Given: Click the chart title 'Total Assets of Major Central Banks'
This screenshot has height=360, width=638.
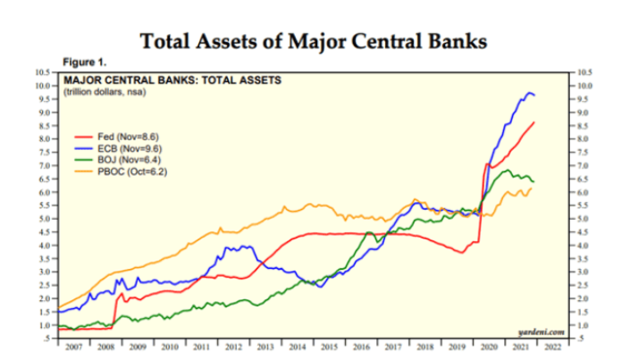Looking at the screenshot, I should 319,40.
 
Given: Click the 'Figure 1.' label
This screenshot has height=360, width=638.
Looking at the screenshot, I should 84,62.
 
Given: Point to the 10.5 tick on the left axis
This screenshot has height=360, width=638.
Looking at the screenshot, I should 42,71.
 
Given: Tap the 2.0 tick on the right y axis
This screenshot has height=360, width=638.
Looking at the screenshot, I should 584,297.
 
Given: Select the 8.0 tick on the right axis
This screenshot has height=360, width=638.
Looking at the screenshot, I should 584,138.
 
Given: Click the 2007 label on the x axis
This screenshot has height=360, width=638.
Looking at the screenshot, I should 75,345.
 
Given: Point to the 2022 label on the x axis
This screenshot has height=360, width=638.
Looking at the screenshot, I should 555,345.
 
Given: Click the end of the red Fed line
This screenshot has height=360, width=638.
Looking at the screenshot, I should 534,122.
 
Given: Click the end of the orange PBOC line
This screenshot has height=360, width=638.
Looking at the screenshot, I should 532,188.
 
